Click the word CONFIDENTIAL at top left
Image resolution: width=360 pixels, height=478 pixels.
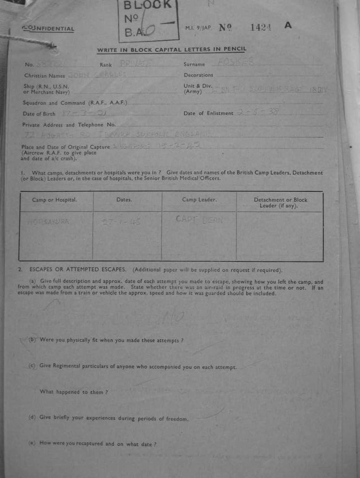tap(48, 29)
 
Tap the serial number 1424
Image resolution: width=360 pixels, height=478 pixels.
tap(261, 27)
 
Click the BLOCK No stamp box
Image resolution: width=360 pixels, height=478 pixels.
tap(148, 21)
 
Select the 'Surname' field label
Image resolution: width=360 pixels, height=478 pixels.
tap(194, 64)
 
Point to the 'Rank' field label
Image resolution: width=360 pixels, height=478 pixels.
tap(106, 65)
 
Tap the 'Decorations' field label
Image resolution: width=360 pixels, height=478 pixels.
tap(198, 75)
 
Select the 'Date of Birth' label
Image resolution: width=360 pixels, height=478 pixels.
tap(39, 114)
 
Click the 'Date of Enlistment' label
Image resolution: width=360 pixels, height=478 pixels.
tap(208, 113)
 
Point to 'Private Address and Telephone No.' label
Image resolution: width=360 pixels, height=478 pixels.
tap(69, 125)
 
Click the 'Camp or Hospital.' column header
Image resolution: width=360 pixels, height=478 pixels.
tap(55, 200)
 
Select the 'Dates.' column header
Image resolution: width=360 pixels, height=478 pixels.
tap(124, 200)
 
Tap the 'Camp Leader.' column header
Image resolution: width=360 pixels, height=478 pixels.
tap(199, 200)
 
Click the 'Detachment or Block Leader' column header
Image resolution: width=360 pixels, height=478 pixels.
tap(280, 203)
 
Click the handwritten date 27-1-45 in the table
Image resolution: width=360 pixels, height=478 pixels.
tap(121, 222)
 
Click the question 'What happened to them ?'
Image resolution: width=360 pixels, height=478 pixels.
tap(74, 392)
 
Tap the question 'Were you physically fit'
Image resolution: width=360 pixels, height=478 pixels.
tap(111, 340)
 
